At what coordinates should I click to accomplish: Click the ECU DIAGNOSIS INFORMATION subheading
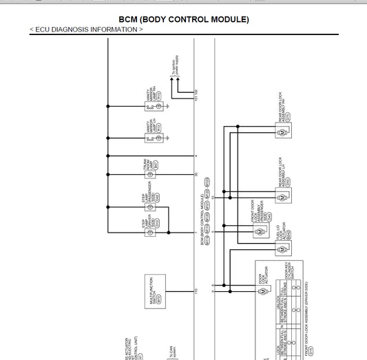87,30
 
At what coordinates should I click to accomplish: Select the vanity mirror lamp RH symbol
158,106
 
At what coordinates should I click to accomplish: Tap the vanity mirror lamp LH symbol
158,138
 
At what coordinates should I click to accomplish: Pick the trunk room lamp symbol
158,164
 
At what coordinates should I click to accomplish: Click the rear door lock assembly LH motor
281,198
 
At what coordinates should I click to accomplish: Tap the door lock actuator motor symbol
262,292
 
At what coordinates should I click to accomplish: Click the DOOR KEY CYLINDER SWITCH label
288,276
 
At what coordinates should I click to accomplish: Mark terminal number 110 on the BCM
196,290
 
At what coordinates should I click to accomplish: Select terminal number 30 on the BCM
196,174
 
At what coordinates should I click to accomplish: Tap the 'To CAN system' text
169,352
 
